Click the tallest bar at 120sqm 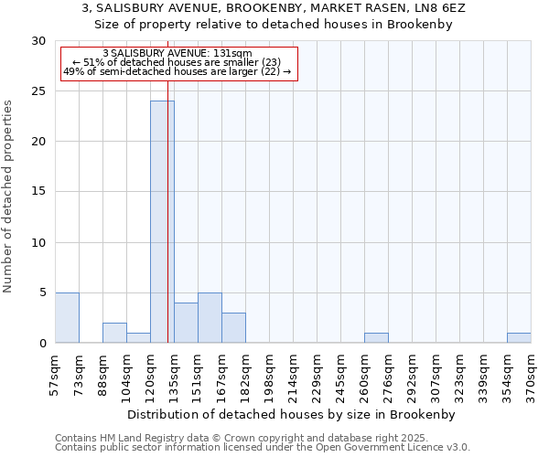(162, 222)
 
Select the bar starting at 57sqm (67, 318)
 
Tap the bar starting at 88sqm (114, 333)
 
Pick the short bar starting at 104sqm (138, 338)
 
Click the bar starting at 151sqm (210, 318)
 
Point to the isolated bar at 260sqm (376, 338)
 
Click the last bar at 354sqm (519, 338)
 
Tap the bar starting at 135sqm (186, 323)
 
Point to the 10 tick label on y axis (39, 242)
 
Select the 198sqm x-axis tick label (269, 376)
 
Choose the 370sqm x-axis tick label (531, 376)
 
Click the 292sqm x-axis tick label (412, 376)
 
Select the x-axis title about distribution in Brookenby (292, 414)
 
